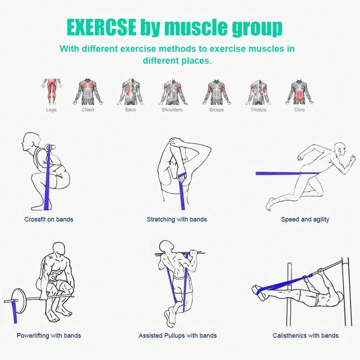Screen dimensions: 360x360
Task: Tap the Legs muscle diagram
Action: [x=51, y=91]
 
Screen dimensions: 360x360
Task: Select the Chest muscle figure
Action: [x=88, y=92]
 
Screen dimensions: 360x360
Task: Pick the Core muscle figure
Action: [x=299, y=92]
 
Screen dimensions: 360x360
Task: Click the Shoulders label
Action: [x=172, y=110]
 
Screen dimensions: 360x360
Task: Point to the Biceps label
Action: [x=216, y=110]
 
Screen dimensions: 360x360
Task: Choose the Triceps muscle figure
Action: [x=258, y=92]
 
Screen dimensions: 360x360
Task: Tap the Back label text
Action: [x=130, y=110]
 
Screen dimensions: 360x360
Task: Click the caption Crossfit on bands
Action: [x=49, y=220]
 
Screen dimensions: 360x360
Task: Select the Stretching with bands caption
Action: [x=177, y=220]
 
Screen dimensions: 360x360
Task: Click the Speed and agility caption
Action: [x=305, y=220]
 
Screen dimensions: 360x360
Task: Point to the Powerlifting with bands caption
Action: [x=49, y=336]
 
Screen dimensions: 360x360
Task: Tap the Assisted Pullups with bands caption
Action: [x=177, y=336]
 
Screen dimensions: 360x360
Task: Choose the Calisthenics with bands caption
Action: [x=305, y=336]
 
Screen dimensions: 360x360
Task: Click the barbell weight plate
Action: [x=19, y=301]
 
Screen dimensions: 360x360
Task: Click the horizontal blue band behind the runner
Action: [x=287, y=174]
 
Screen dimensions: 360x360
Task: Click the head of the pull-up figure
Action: [x=166, y=247]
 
